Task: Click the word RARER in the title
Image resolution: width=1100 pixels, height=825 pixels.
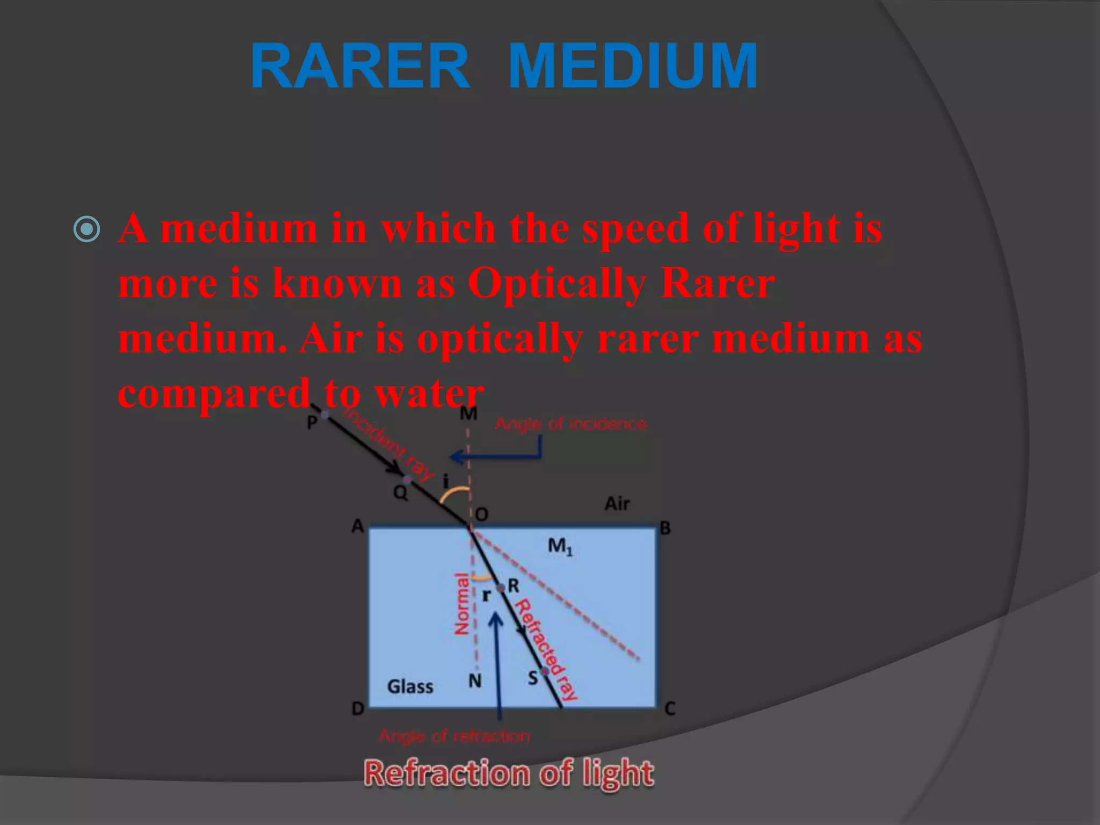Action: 360,66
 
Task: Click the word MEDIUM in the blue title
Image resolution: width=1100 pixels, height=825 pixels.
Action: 632,66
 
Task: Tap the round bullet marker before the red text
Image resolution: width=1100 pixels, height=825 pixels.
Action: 86,229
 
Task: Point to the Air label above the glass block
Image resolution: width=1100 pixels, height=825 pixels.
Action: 617,504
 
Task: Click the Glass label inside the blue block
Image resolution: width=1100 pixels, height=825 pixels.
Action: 410,686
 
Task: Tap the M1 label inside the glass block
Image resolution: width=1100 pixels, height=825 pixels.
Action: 560,547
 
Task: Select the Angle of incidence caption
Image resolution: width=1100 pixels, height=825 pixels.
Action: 570,424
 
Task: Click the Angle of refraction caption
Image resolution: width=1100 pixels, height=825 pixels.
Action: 454,736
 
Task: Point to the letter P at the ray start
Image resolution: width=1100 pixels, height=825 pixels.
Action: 312,423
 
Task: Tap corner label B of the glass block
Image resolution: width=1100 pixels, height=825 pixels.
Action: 665,529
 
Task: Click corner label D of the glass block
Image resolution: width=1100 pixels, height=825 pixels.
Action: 358,709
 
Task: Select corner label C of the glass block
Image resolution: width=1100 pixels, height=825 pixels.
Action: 670,709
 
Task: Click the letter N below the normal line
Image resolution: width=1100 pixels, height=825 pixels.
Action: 475,681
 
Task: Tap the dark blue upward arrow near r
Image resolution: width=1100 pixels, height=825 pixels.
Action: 498,666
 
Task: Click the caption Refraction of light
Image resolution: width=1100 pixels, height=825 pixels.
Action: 509,773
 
